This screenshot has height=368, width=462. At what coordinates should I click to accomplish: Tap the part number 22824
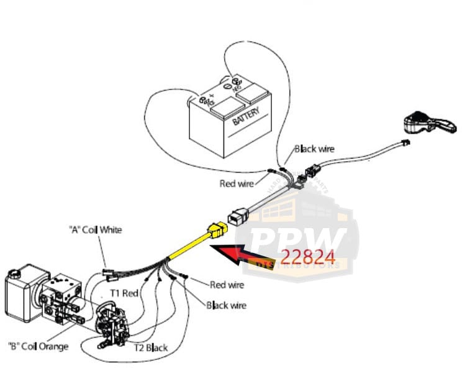(309, 256)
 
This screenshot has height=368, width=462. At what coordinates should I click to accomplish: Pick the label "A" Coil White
(94, 229)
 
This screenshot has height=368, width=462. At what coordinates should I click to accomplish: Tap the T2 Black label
(151, 347)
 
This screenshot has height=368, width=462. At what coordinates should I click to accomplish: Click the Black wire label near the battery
(314, 149)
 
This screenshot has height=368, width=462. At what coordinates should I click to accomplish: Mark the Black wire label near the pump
(226, 305)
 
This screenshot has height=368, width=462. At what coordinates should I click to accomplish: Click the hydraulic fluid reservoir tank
(25, 292)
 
